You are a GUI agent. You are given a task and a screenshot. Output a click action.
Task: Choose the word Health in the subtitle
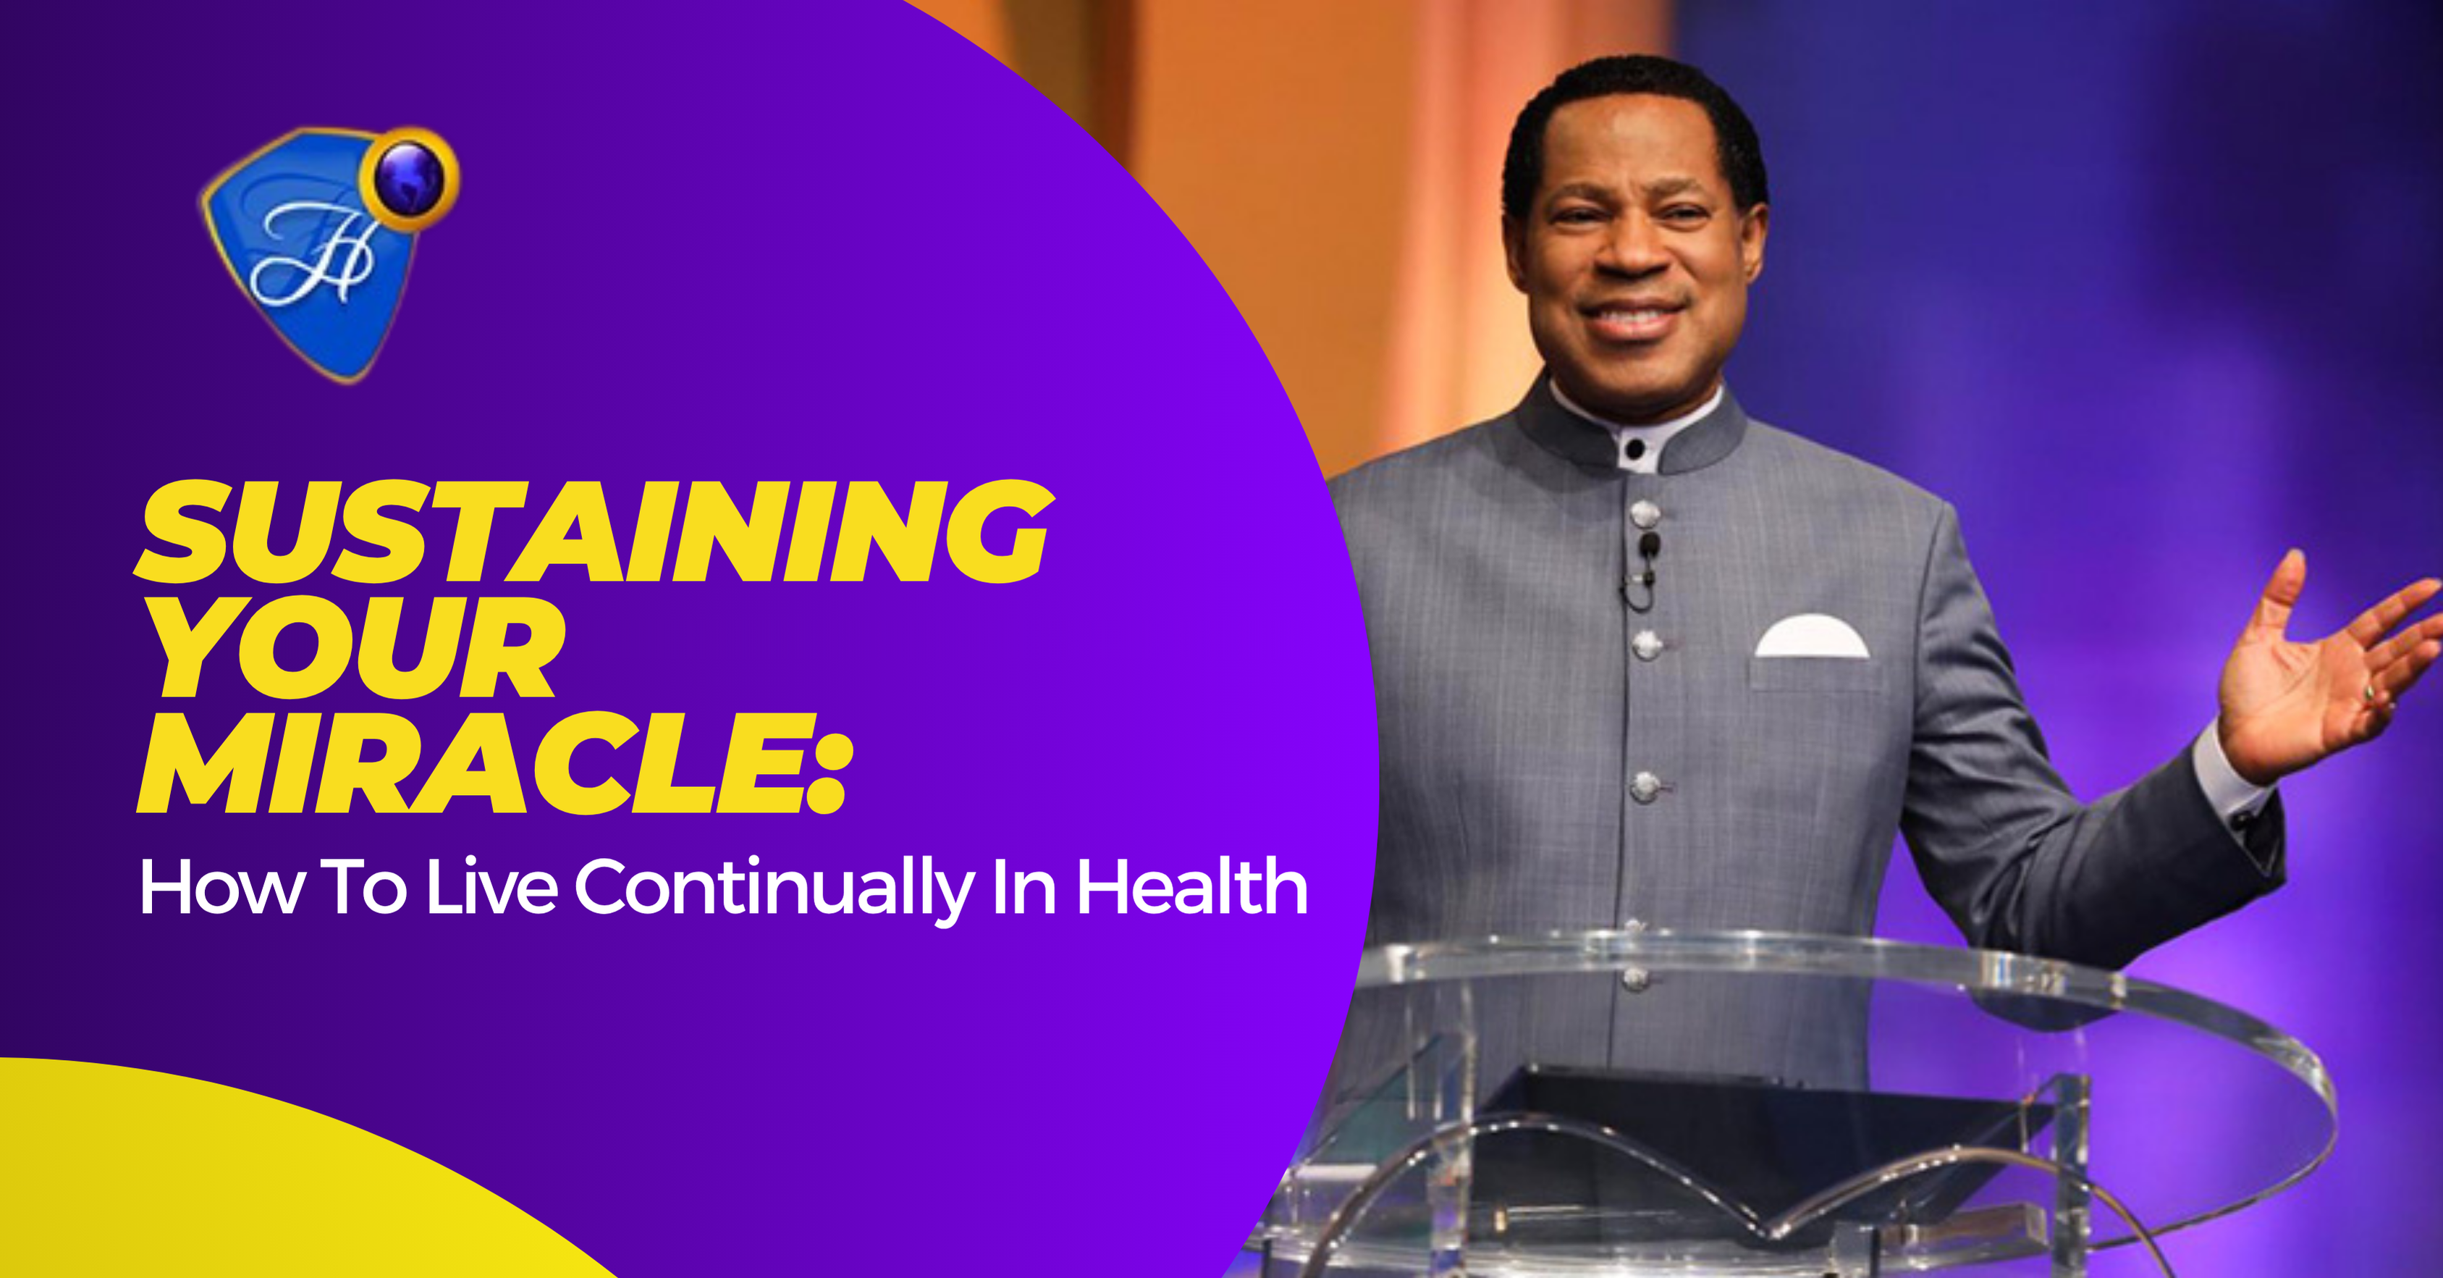(1192, 886)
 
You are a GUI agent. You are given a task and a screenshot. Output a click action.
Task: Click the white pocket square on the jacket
(1810, 638)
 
